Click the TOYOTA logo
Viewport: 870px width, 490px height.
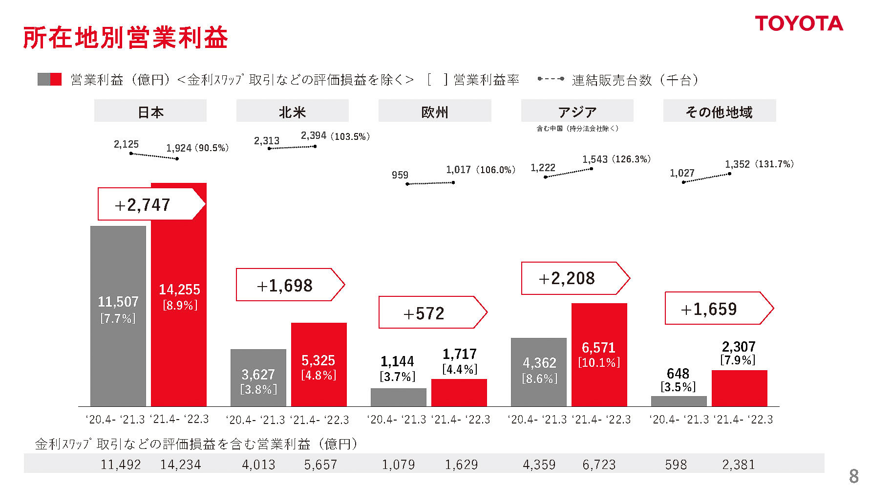point(799,23)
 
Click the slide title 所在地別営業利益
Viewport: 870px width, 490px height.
point(126,38)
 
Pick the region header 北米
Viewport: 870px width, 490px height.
point(292,111)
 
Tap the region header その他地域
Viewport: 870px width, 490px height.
point(719,111)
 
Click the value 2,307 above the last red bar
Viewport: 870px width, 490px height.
point(739,347)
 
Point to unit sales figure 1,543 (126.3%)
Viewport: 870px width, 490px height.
point(616,159)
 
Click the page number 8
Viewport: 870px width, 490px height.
point(853,475)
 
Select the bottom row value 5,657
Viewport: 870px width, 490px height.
point(320,464)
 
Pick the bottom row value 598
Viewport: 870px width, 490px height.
point(676,464)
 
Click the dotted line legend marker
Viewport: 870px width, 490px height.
point(551,79)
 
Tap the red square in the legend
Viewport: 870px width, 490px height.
point(56,79)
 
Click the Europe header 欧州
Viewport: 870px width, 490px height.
point(434,111)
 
